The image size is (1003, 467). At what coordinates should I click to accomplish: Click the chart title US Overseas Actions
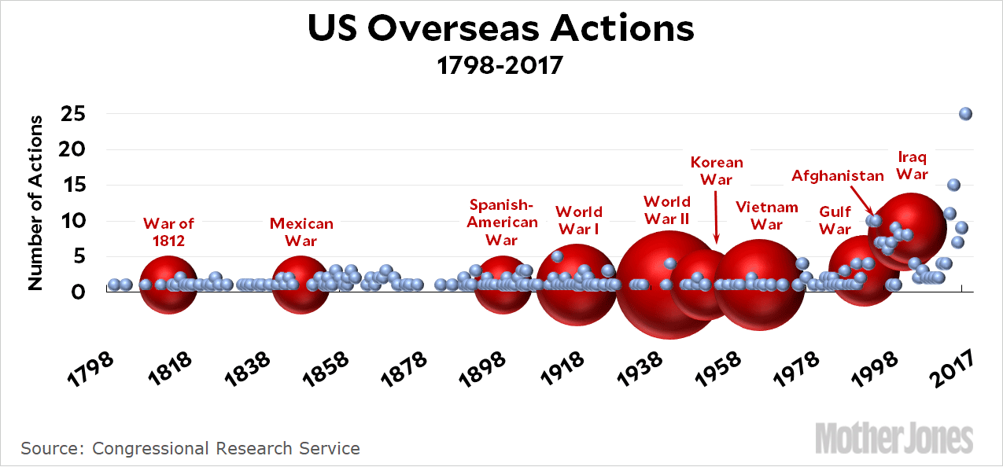click(x=501, y=29)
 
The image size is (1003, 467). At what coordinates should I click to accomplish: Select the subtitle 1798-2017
click(x=501, y=64)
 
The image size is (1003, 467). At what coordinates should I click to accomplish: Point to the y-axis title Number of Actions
click(x=36, y=202)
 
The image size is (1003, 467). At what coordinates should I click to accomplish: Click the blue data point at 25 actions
click(x=966, y=114)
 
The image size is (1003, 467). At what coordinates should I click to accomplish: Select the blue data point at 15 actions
click(x=953, y=185)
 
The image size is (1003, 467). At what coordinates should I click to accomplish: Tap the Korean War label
click(x=717, y=171)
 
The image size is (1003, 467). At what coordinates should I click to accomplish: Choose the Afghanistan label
click(x=838, y=175)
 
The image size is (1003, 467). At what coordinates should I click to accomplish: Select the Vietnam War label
click(x=767, y=215)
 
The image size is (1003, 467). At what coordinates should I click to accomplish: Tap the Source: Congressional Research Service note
click(x=190, y=448)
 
